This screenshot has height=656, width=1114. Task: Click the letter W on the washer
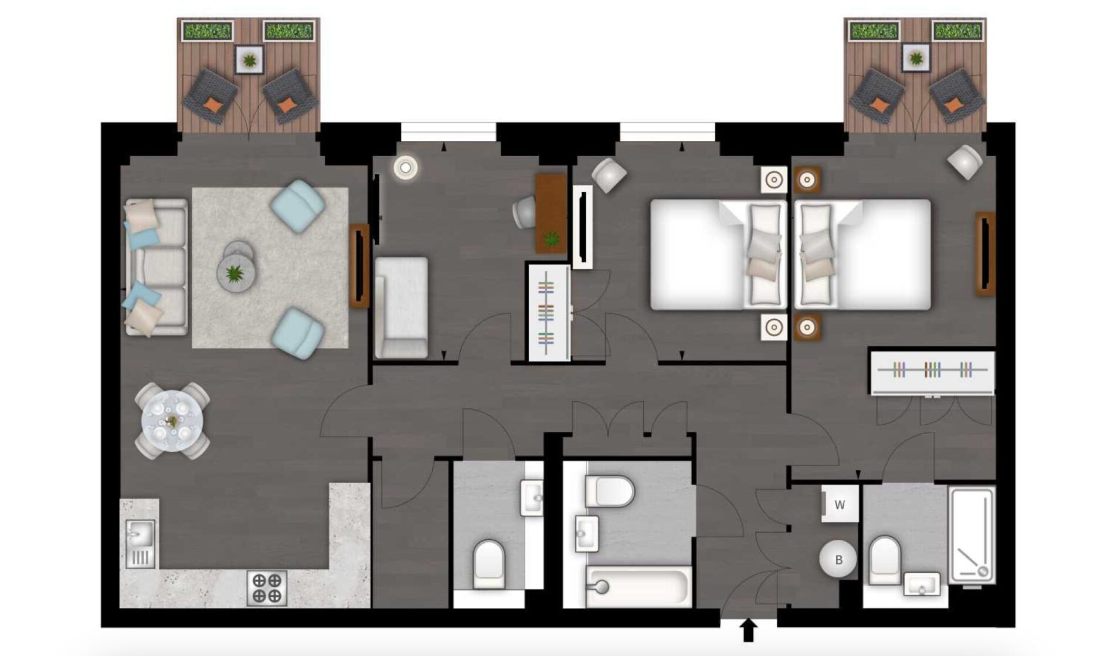(x=840, y=505)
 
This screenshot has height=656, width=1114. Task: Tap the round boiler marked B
(x=838, y=560)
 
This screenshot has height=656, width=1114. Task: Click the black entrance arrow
(x=748, y=630)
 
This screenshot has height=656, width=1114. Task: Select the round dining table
(x=172, y=421)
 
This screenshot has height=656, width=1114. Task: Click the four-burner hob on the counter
(x=267, y=588)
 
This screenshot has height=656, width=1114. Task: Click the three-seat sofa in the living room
(x=156, y=267)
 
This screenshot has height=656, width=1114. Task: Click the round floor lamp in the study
(x=405, y=168)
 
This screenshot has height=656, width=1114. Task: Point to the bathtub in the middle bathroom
(x=638, y=586)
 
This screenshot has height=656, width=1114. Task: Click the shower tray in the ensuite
(x=972, y=535)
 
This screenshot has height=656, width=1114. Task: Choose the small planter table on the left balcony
(x=249, y=59)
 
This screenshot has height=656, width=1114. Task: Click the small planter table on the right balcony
(x=915, y=58)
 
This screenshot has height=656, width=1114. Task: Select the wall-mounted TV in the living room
(x=359, y=266)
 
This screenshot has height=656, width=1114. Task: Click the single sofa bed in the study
(x=401, y=307)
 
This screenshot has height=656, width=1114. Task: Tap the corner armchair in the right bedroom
(x=964, y=161)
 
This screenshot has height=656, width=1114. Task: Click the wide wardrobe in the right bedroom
(x=932, y=372)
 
